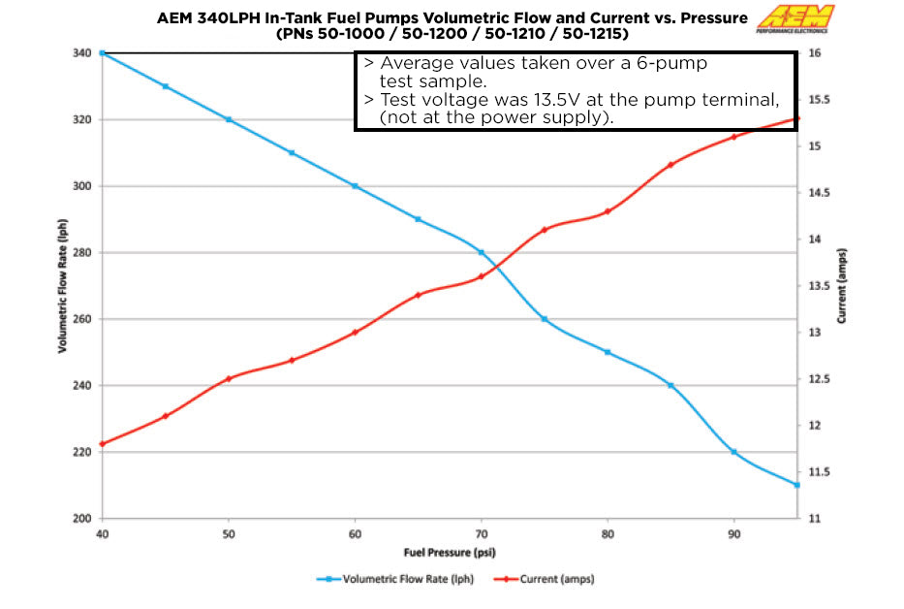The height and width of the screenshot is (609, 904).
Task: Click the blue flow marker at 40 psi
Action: tap(103, 52)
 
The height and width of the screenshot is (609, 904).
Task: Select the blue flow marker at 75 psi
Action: tap(545, 319)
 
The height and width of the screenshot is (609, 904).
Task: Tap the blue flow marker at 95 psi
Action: tap(796, 485)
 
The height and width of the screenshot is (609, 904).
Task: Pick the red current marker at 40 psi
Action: tap(103, 444)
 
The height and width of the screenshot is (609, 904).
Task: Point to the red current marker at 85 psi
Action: tap(670, 165)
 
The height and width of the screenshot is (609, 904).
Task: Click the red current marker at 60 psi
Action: tap(355, 333)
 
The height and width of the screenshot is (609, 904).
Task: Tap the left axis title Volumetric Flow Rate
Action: tap(62, 286)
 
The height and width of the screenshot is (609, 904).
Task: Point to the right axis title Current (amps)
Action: tap(842, 286)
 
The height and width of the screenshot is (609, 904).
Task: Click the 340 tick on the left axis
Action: tap(82, 53)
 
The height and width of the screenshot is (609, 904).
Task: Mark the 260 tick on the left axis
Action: tap(82, 319)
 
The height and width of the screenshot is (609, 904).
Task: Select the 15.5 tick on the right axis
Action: tap(821, 100)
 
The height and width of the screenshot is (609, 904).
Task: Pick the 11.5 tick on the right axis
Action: tap(821, 472)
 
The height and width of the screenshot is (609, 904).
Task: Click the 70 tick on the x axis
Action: tap(481, 533)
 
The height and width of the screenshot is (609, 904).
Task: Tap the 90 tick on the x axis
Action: tap(733, 533)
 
